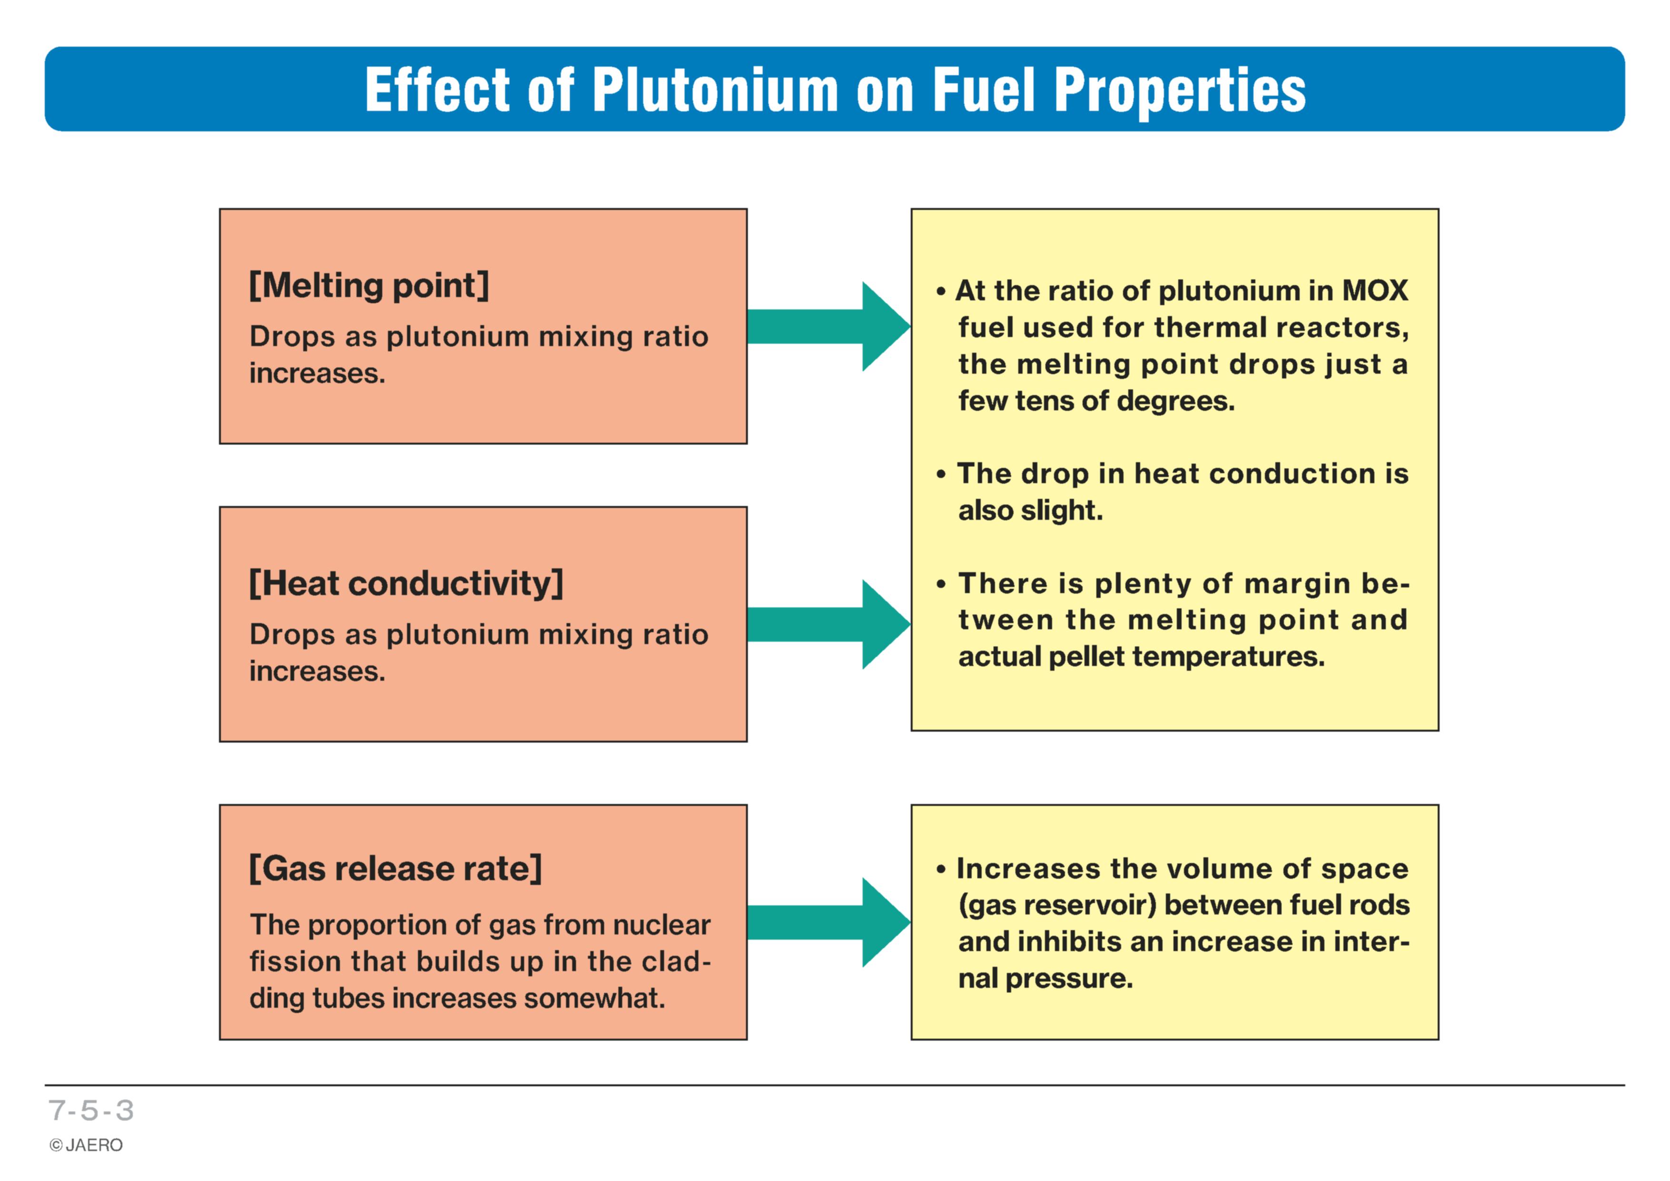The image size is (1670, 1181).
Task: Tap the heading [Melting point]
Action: pyautogui.click(x=369, y=285)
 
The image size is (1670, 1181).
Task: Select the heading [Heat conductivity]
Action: pyautogui.click(x=406, y=583)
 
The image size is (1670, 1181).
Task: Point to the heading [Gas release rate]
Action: pyautogui.click(x=395, y=868)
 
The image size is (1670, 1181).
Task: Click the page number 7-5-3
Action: pyautogui.click(x=92, y=1111)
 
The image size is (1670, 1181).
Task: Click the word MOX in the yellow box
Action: pyautogui.click(x=1375, y=291)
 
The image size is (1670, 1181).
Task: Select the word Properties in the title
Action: pyautogui.click(x=1180, y=91)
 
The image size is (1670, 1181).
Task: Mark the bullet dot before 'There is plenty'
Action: pyautogui.click(x=941, y=585)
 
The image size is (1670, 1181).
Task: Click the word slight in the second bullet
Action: pyautogui.click(x=1062, y=510)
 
